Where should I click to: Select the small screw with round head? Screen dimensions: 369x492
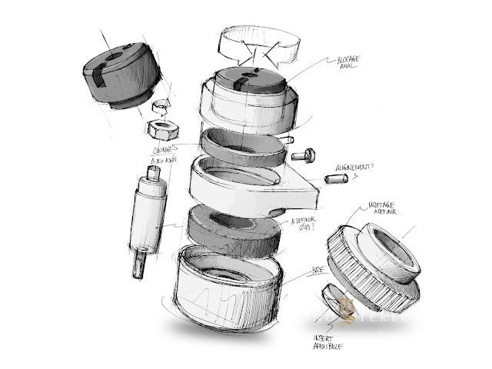pos(304,156)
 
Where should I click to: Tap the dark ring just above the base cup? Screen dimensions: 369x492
pos(230,227)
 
